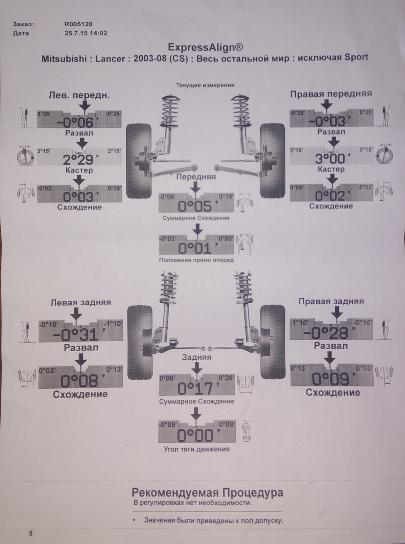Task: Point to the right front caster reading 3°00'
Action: (330, 159)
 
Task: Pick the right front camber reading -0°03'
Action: (327, 121)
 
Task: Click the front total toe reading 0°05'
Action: (195, 206)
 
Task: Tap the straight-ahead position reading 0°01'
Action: (195, 247)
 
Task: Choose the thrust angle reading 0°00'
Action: (195, 435)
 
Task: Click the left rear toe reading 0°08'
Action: (79, 381)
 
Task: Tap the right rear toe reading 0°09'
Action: (331, 379)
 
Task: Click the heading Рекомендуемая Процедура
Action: (208, 493)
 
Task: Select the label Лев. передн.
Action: (79, 95)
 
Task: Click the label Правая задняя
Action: (331, 302)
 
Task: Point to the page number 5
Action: (31, 533)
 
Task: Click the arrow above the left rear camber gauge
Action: (76, 314)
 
